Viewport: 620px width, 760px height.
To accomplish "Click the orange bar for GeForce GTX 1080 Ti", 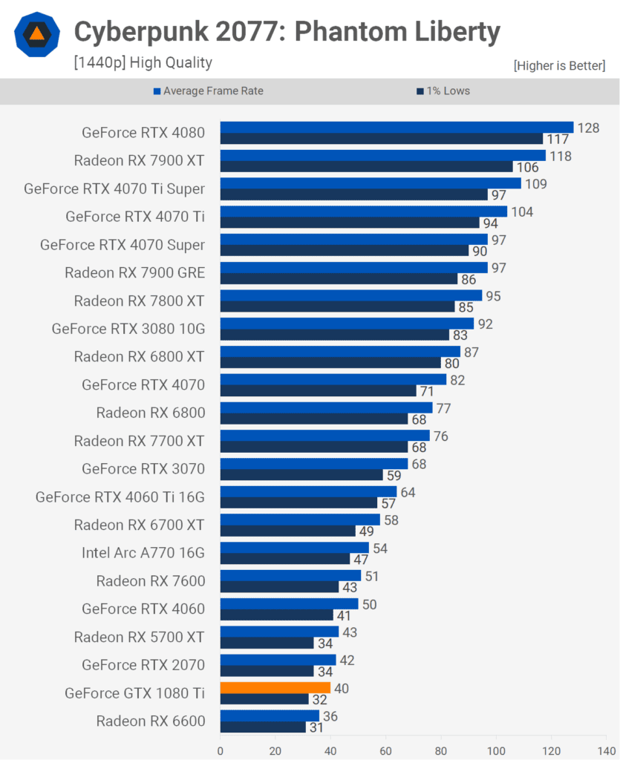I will click(275, 688).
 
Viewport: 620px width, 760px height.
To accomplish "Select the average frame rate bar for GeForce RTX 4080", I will click(397, 128).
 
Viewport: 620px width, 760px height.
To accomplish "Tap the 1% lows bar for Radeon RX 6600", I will click(263, 727).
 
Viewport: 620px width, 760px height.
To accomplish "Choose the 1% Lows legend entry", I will click(448, 91).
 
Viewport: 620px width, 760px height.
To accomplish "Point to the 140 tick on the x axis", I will click(606, 749).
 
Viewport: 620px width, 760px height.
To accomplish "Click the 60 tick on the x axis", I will click(385, 749).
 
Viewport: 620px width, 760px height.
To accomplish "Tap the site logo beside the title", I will click(36, 34).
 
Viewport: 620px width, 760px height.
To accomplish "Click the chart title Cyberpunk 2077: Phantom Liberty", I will click(287, 32).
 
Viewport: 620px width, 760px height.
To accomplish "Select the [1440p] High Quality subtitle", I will click(143, 63).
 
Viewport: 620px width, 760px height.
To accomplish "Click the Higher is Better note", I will click(559, 66).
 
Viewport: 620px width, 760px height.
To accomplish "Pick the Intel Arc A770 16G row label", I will click(143, 553).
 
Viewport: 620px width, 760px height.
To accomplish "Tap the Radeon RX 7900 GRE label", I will click(134, 272).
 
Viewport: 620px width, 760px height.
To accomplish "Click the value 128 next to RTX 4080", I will click(588, 128).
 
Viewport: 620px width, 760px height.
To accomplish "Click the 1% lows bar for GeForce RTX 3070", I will click(301, 475).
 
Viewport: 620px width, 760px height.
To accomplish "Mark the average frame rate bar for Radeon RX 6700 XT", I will click(300, 520).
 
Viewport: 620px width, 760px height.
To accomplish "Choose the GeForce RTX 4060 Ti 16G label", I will click(120, 497).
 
